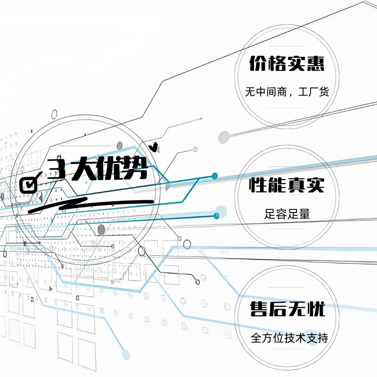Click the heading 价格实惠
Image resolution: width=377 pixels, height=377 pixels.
(287, 64)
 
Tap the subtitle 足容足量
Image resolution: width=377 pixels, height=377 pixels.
(287, 214)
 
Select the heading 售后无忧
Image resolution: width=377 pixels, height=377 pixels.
(287, 310)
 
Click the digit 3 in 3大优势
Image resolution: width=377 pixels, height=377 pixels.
(57, 168)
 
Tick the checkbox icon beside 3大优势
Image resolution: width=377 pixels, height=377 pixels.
(30, 183)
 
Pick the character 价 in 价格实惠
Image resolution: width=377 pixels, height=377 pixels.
(258, 64)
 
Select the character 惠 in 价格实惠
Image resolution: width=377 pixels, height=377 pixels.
(316, 64)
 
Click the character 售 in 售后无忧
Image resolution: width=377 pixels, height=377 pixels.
(258, 310)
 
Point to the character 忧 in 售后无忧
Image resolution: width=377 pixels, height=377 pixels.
(316, 310)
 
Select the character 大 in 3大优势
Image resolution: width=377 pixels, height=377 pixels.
(82, 168)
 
